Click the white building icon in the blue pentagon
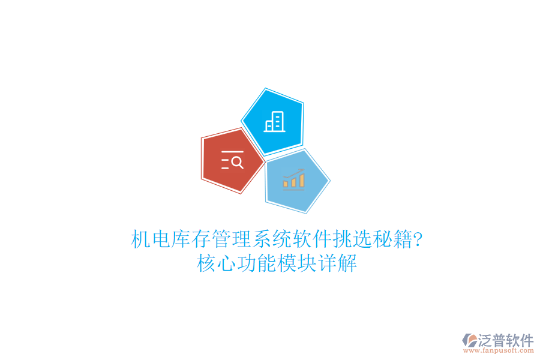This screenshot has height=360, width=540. (275, 122)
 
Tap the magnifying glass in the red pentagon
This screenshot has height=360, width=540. (237, 162)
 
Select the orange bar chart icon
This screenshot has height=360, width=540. (294, 179)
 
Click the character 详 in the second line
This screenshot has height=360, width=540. (327, 263)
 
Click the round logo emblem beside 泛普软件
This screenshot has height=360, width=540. (469, 341)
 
